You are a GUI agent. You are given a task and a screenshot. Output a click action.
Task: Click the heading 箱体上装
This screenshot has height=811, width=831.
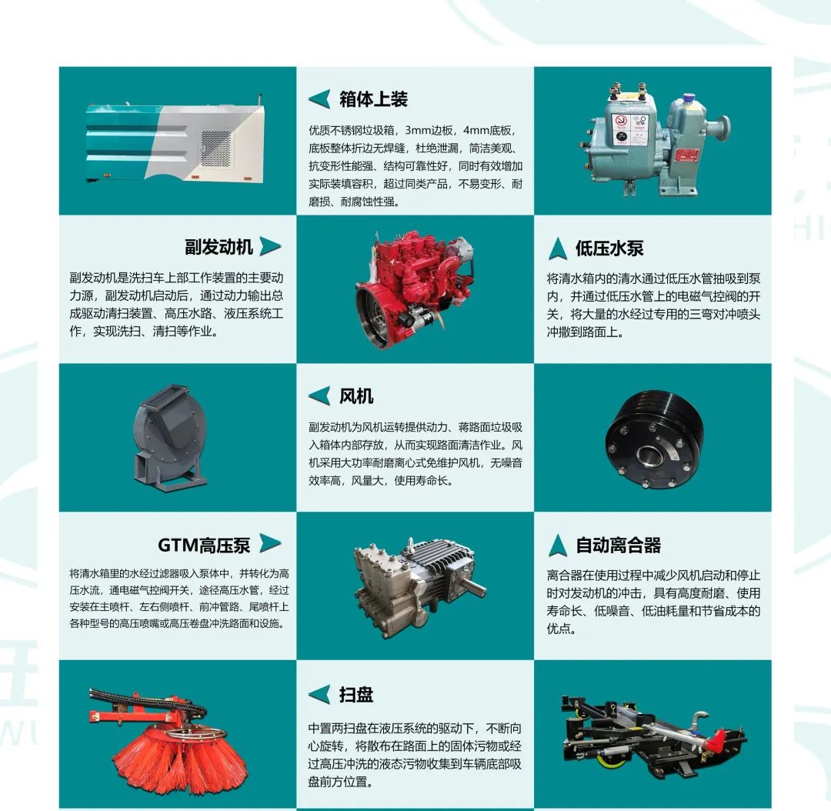click(x=373, y=99)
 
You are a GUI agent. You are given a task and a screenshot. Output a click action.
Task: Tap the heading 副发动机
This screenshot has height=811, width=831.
click(x=219, y=247)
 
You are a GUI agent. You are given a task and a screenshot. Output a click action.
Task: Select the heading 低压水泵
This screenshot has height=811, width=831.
click(x=609, y=248)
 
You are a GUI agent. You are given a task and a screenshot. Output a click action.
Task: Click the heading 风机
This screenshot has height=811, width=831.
click(x=356, y=396)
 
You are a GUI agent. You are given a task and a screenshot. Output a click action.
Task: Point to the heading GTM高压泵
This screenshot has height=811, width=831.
click(x=204, y=545)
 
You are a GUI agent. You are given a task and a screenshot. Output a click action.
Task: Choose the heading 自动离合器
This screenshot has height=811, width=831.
click(x=619, y=545)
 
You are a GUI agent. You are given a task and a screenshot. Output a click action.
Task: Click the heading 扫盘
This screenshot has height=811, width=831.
click(x=356, y=694)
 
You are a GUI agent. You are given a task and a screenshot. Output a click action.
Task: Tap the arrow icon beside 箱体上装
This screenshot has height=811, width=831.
click(x=319, y=99)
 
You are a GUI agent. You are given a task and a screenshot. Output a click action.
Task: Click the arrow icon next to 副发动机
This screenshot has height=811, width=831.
click(x=270, y=246)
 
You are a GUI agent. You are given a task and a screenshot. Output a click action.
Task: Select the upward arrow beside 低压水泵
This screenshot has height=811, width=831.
click(x=558, y=248)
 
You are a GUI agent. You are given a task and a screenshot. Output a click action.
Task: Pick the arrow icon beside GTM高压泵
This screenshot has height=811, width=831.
click(x=270, y=543)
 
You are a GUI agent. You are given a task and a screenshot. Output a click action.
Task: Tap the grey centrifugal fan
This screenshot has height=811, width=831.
click(x=169, y=438)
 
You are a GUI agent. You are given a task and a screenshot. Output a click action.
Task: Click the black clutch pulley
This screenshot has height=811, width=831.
click(x=654, y=439)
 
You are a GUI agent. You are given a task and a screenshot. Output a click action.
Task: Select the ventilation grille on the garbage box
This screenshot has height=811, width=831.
click(x=215, y=148)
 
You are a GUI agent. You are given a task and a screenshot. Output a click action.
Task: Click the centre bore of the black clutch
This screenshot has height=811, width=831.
click(x=648, y=455)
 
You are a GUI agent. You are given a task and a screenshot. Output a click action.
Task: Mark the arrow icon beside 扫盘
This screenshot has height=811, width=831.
click(x=319, y=694)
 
